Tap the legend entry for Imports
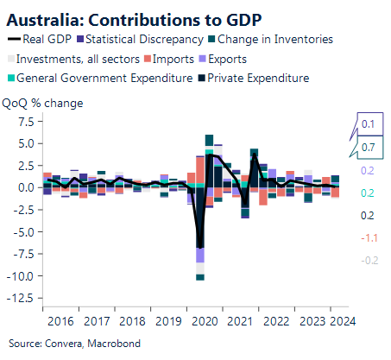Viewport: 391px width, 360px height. click(x=179, y=59)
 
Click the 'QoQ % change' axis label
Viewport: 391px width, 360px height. click(x=43, y=102)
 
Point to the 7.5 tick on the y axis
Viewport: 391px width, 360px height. click(x=24, y=121)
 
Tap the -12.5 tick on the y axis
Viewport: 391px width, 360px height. click(x=21, y=298)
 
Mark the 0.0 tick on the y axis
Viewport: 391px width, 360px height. click(x=24, y=187)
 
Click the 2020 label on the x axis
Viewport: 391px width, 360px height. click(x=205, y=321)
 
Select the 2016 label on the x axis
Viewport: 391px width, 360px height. click(x=60, y=321)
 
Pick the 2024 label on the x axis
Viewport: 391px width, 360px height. click(x=339, y=321)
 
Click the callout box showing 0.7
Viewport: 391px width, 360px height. click(x=368, y=148)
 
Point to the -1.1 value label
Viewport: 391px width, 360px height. click(x=368, y=237)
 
